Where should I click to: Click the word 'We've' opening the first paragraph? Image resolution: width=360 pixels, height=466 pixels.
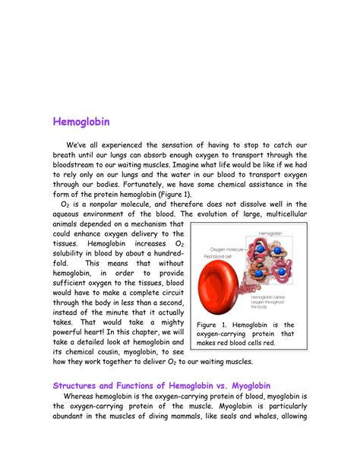pyautogui.click(x=77, y=145)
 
